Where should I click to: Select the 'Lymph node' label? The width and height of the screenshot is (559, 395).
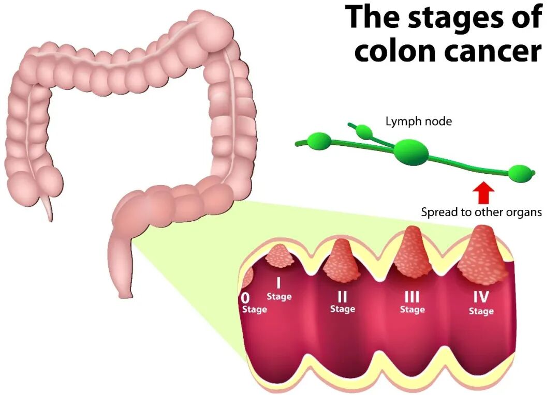[x=419, y=121]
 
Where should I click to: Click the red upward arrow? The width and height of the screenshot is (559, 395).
[x=483, y=193]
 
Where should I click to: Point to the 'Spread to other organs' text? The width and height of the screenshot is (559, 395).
[x=481, y=212]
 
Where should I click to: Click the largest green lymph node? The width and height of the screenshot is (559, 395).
[x=411, y=151]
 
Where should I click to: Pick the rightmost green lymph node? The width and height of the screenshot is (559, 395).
[x=520, y=173]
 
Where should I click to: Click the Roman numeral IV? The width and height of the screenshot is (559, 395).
[x=481, y=297]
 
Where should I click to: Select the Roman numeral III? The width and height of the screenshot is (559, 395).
[x=412, y=297]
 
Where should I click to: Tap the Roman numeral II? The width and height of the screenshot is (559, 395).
[x=342, y=297]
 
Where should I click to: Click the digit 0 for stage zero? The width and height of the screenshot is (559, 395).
[x=245, y=298]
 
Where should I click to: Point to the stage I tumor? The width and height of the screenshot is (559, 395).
[x=279, y=255]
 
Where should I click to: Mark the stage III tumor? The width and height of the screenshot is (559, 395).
[x=413, y=253]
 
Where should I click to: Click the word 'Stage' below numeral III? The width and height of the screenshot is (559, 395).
[x=412, y=310]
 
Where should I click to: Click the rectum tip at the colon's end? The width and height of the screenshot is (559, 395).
[x=124, y=293]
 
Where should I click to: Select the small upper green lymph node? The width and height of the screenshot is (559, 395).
[x=365, y=132]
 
